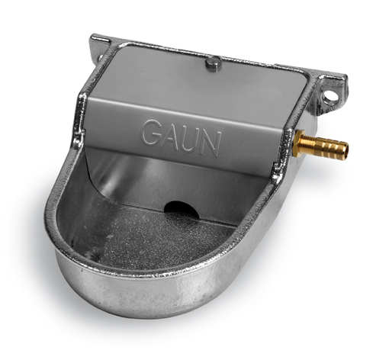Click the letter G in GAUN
(x=152, y=133)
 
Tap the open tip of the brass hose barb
(x=346, y=148)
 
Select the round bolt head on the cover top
(x=213, y=63)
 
